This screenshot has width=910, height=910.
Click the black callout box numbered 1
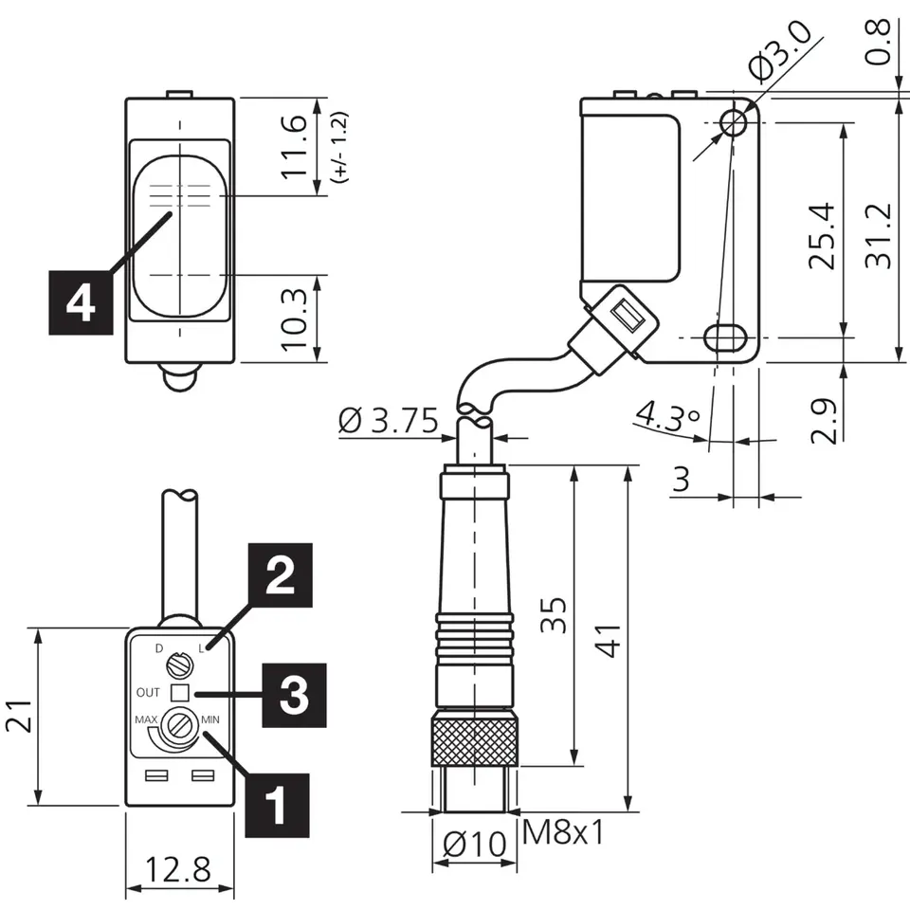(x=277, y=805)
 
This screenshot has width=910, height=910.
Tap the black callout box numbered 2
(x=281, y=575)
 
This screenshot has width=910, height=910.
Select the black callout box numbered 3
(x=294, y=695)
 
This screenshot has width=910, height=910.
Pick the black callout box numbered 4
(x=81, y=303)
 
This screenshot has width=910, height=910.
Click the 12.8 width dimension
(x=177, y=870)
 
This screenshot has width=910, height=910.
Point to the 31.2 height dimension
(x=878, y=235)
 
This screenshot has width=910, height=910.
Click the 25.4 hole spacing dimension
(x=821, y=235)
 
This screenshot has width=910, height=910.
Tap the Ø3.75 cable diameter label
(x=388, y=420)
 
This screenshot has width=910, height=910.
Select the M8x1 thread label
(x=563, y=832)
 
